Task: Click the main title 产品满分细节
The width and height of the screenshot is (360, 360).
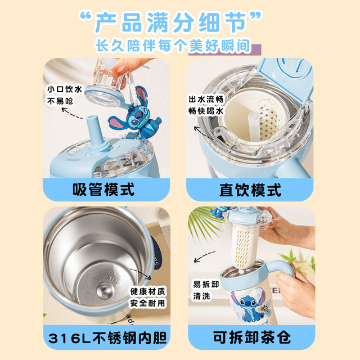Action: (x=170, y=22)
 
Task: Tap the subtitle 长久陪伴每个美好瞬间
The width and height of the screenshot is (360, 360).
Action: (x=173, y=46)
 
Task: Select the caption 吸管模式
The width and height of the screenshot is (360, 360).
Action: (x=103, y=190)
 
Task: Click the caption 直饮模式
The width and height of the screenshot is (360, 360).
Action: (x=250, y=190)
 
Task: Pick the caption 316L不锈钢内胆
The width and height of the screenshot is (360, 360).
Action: (x=107, y=337)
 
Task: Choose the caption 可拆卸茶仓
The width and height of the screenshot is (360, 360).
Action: (x=252, y=337)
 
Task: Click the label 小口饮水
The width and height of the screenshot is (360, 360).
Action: (x=65, y=89)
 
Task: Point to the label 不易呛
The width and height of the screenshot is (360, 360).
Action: (x=60, y=101)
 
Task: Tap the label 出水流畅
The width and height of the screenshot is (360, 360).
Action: (x=206, y=99)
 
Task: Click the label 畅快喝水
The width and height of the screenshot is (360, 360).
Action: (x=206, y=111)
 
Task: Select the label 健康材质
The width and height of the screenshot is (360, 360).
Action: (x=147, y=291)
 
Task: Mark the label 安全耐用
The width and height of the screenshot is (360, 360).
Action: (x=147, y=303)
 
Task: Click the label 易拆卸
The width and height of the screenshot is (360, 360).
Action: (x=206, y=284)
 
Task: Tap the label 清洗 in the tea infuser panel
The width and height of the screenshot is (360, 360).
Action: (x=201, y=296)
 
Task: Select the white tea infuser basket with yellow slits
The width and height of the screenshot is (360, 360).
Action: (x=242, y=247)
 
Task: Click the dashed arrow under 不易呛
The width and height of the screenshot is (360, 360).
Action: (x=72, y=113)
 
